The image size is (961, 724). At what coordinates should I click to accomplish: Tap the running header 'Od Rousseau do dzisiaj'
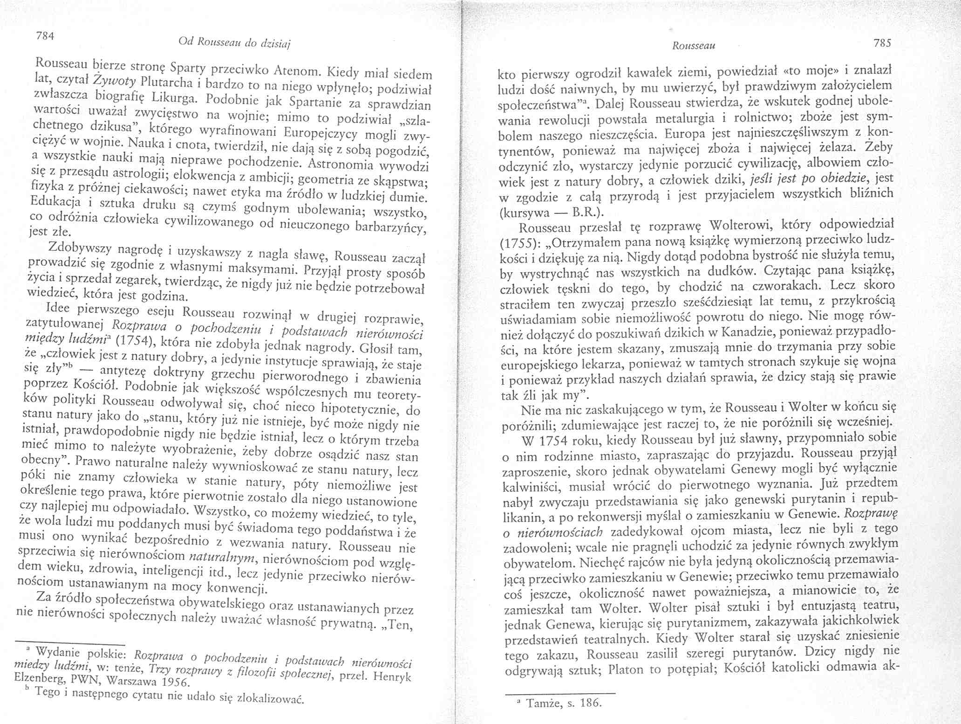tap(234, 43)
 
